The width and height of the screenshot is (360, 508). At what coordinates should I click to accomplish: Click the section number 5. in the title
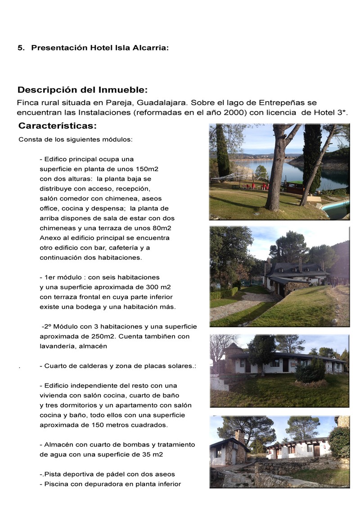[21, 48]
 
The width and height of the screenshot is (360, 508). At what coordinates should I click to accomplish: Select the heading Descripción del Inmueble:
[82, 89]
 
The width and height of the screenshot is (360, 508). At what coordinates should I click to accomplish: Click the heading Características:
[58, 125]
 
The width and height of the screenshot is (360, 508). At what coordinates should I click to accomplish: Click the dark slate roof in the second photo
[297, 268]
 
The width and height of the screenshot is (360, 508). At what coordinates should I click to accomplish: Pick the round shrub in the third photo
[310, 372]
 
